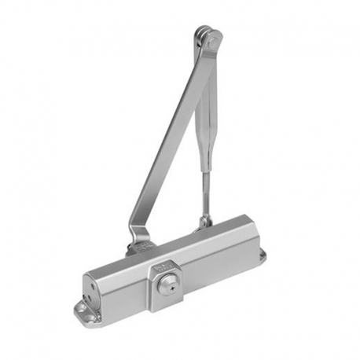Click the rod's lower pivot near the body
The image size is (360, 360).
coord(206,222)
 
